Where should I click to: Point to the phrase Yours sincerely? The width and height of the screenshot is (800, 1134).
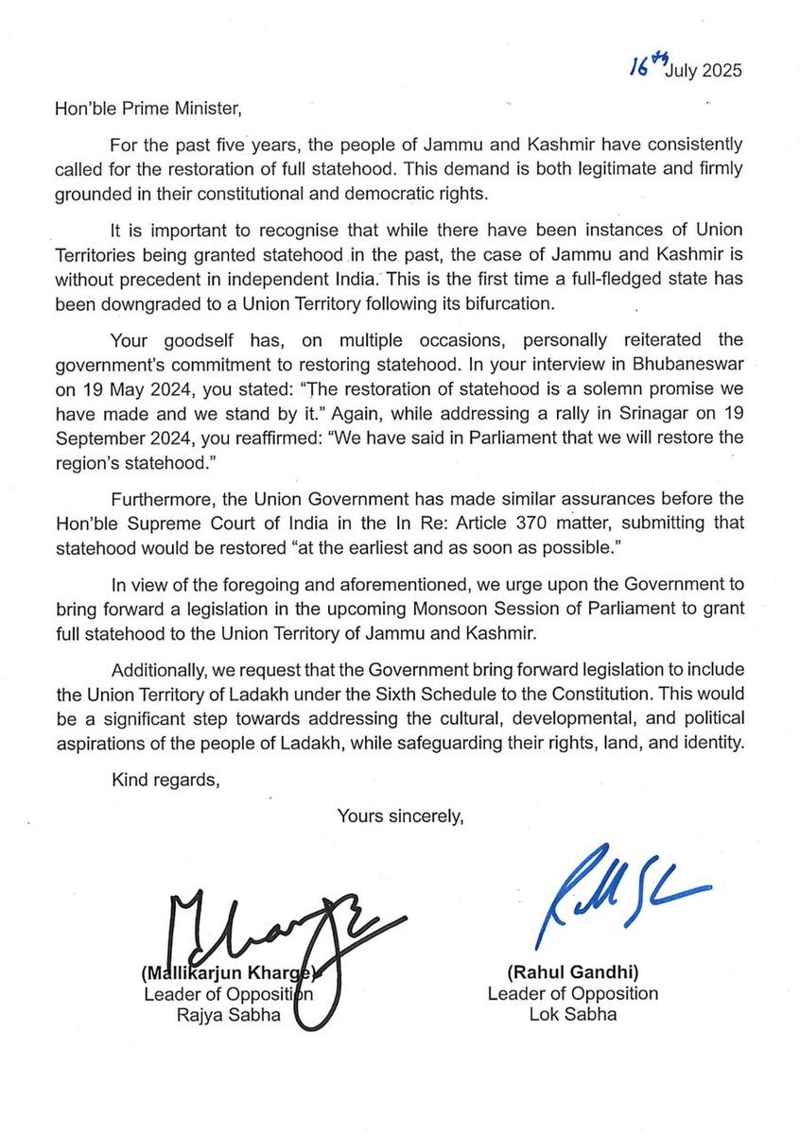(x=401, y=815)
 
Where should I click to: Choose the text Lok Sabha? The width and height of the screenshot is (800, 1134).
(x=573, y=1015)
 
